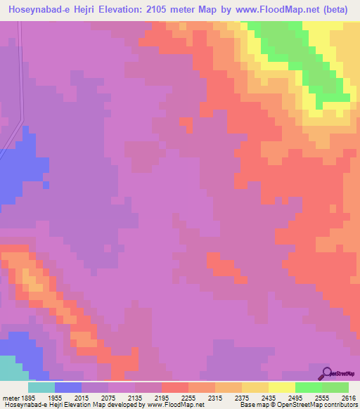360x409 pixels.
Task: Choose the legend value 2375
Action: point(241,396)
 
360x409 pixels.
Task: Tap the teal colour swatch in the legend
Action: point(41,387)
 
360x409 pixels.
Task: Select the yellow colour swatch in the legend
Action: point(282,387)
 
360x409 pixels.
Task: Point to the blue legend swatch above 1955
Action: point(67,387)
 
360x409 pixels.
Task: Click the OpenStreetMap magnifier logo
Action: point(326,372)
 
